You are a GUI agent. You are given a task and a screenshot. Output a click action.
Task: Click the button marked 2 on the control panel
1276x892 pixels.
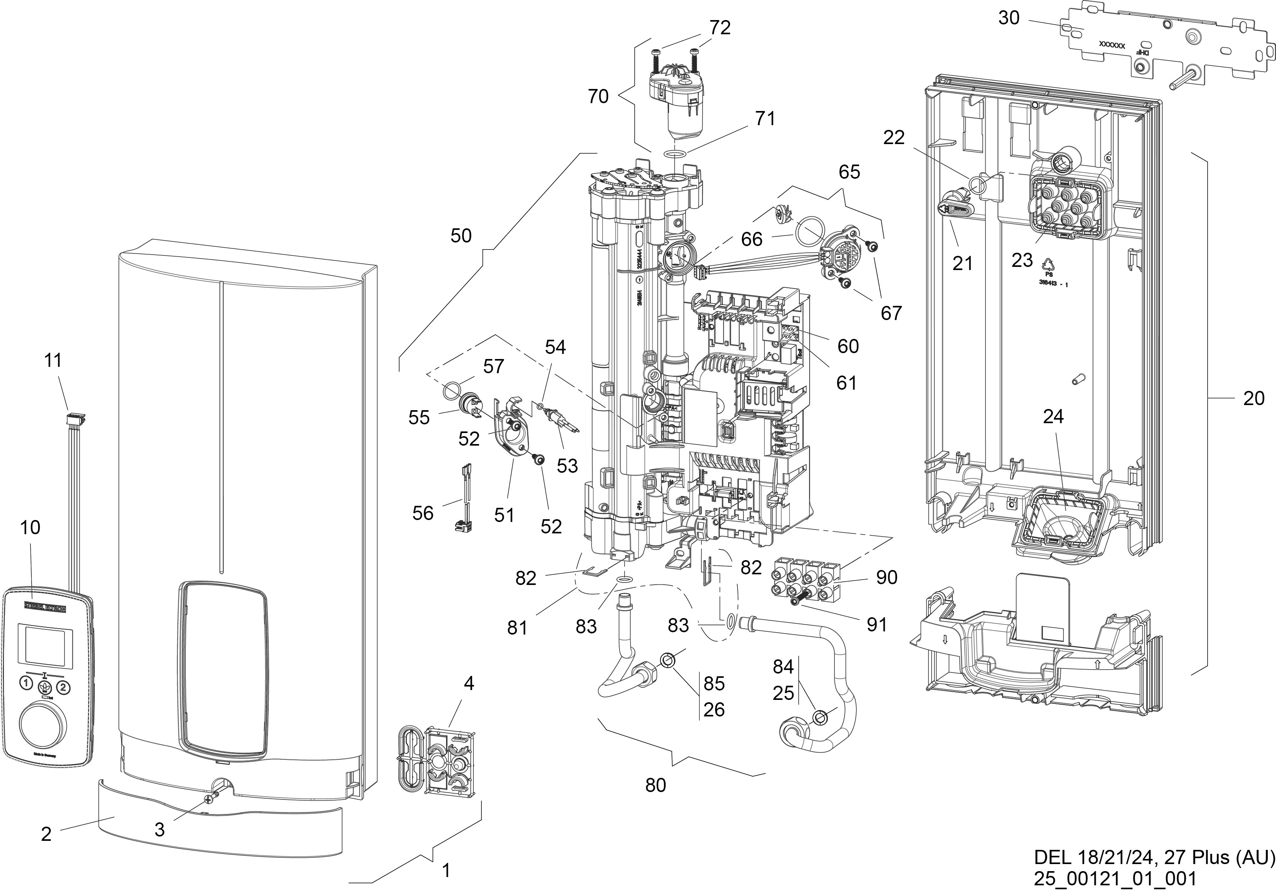(63, 687)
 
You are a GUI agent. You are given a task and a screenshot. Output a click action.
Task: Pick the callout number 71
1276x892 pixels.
(765, 119)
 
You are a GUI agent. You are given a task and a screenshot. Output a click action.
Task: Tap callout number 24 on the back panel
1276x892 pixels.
(1052, 416)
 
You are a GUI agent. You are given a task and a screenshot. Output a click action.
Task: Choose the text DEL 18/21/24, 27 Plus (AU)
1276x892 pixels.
(1154, 857)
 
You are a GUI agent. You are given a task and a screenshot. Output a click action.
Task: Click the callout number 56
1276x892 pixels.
(423, 513)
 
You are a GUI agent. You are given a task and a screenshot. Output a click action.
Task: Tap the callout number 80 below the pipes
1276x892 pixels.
(656, 785)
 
